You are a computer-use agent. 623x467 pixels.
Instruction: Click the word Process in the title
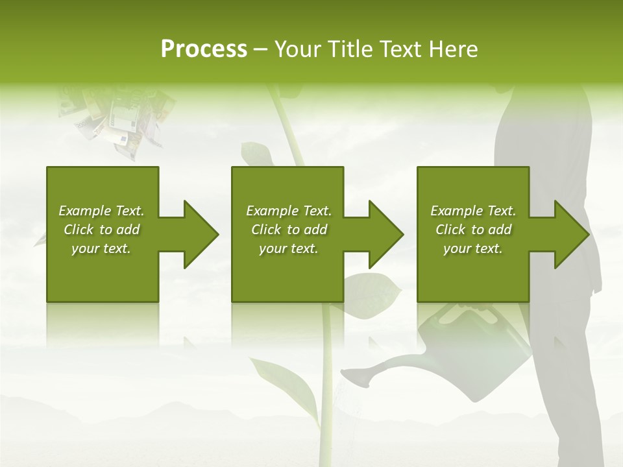204,49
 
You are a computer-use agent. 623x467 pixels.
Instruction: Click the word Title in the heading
348,49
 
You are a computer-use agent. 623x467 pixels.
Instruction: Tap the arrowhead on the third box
570,234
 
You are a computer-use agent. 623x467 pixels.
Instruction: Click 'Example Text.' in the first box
101,211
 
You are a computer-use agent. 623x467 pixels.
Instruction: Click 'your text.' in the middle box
288,248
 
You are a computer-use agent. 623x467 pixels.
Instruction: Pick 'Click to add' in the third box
473,230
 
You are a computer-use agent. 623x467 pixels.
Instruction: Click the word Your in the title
299,49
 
